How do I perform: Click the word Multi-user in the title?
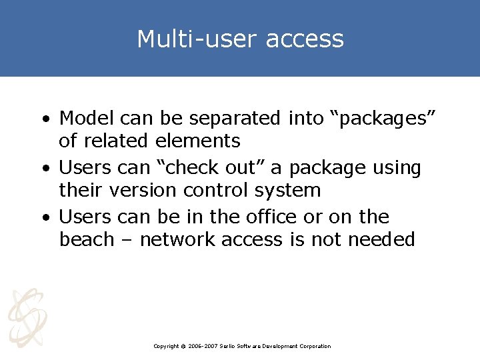[197, 39]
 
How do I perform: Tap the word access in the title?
[305, 39]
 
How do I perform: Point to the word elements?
[198, 141]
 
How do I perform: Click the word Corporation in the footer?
[315, 346]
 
